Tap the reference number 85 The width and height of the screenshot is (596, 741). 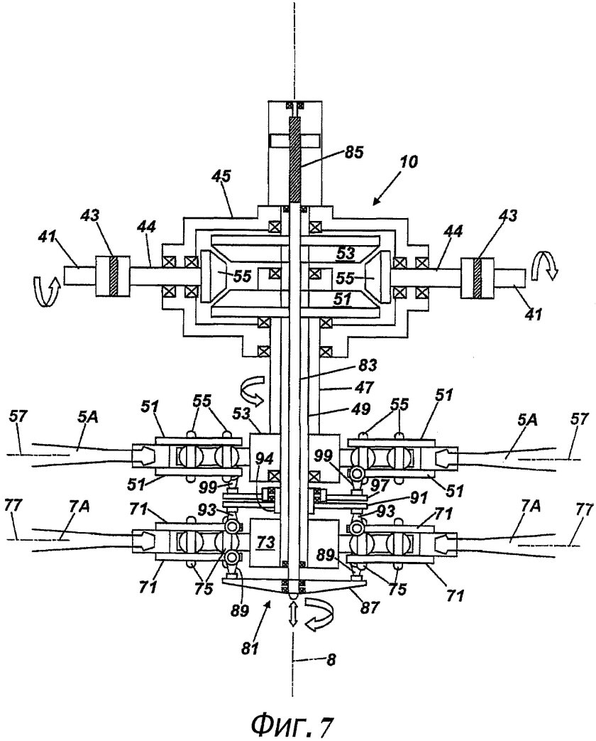coord(351,154)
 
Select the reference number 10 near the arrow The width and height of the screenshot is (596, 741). coord(409,162)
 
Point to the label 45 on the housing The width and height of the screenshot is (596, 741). coord(221,177)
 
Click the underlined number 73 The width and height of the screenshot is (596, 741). coord(265,543)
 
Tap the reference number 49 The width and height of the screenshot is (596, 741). coord(360,409)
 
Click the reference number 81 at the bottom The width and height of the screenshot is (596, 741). coord(250,649)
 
